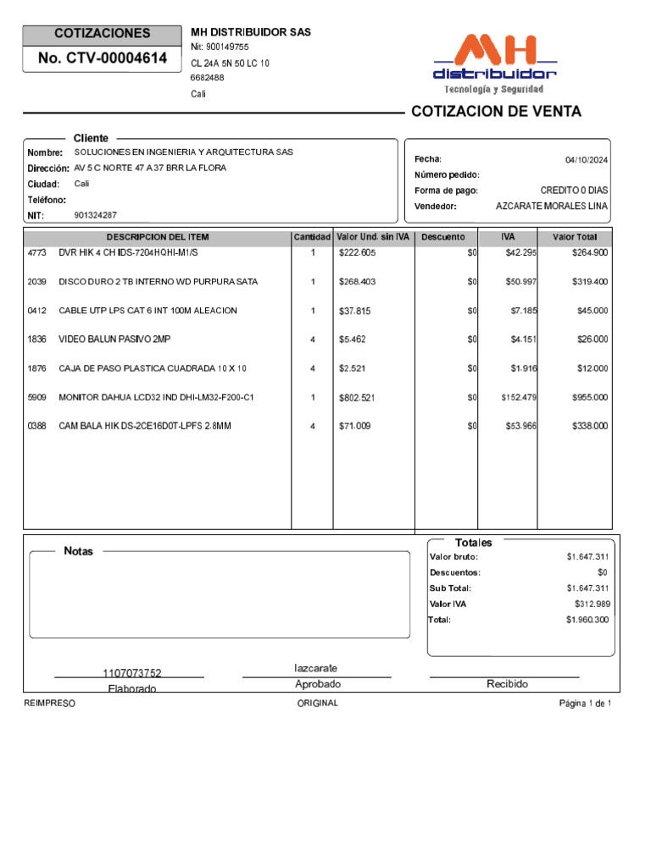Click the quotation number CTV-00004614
pos(103,58)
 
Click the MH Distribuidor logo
pos(496,64)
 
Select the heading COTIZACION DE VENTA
pos(496,112)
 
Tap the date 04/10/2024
pos(587,160)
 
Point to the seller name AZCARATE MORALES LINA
pos(552,207)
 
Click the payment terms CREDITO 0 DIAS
pos(574,191)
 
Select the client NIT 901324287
pos(96,215)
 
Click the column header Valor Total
pos(575,237)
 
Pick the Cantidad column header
pos(312,237)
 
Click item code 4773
pos(37,253)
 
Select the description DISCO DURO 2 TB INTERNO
pos(158,282)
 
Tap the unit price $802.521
pos(357,397)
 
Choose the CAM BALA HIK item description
pos(144,426)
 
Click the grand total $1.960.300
pos(587,620)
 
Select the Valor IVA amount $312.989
pos(592,604)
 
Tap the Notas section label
pos(79,551)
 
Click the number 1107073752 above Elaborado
pos(131,673)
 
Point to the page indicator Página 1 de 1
pos(585,704)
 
